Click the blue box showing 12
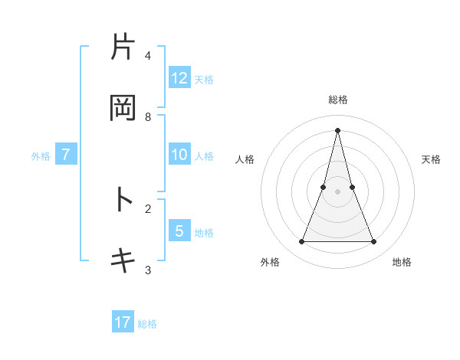[179, 78]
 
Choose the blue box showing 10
[179, 155]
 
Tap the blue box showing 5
[179, 231]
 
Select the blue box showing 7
[66, 155]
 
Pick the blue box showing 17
[123, 322]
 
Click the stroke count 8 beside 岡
[148, 117]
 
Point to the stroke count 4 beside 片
[148, 56]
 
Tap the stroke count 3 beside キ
[148, 270]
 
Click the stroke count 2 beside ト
[148, 208]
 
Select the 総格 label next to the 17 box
[147, 324]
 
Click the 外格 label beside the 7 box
[41, 156]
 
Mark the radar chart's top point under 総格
[337, 129]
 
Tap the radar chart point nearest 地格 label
[373, 242]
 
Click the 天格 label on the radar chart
[431, 159]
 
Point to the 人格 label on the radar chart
[245, 159]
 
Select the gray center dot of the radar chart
[337, 191]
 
